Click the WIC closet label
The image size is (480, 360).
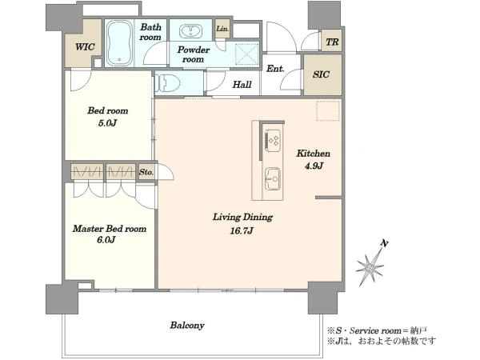click(85, 47)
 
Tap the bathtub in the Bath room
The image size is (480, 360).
click(120, 43)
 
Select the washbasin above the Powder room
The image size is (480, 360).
click(190, 30)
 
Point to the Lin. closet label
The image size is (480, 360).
click(222, 29)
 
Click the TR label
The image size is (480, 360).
click(332, 42)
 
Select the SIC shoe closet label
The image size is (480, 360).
click(321, 74)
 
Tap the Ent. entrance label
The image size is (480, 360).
click(275, 69)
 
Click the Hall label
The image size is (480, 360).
click(242, 85)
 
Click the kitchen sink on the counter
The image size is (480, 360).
click(273, 179)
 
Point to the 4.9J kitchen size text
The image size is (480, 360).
click(314, 166)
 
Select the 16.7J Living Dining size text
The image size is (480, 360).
click(242, 230)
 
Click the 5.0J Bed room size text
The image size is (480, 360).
click(107, 123)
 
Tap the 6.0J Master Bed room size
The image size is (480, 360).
click(106, 240)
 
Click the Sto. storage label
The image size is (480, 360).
click(146, 172)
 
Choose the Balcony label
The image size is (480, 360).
click(187, 325)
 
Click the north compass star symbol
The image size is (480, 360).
click(370, 267)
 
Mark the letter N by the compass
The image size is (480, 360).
click(384, 244)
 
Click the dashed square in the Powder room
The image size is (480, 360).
click(247, 54)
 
